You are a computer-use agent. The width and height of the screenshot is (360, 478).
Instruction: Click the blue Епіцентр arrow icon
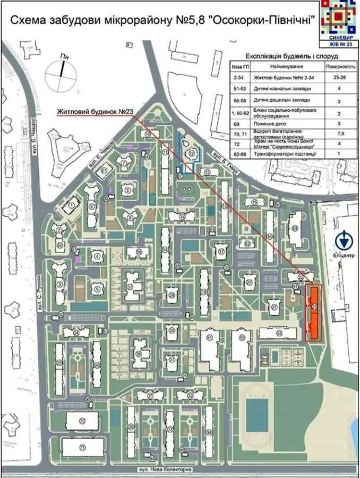point(344,242)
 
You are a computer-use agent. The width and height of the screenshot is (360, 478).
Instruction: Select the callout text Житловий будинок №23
point(96,112)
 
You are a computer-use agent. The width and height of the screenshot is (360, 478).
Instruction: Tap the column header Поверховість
point(336,67)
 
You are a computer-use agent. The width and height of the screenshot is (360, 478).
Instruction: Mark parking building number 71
point(82,448)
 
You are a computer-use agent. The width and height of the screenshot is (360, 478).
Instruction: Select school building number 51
point(212,351)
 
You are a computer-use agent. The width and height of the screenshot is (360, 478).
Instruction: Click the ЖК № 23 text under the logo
point(338,44)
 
